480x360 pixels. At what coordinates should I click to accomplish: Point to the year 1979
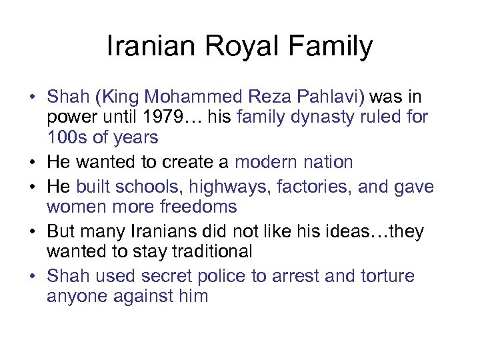click(165, 118)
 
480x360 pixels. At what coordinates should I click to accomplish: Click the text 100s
click(66, 138)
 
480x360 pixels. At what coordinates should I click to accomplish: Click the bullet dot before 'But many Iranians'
click(32, 232)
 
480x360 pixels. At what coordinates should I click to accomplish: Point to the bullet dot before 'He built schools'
click(32, 187)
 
